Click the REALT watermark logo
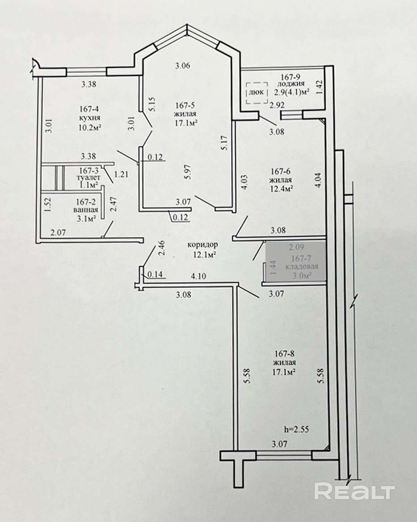pyautogui.click(x=354, y=492)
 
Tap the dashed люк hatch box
pyautogui.click(x=257, y=93)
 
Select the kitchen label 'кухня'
pyautogui.click(x=90, y=118)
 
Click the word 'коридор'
pyautogui.click(x=202, y=245)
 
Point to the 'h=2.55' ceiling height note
pyautogui.click(x=296, y=430)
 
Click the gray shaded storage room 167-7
pyautogui.click(x=296, y=262)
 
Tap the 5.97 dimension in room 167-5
pyautogui.click(x=189, y=173)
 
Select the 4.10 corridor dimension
pyautogui.click(x=198, y=276)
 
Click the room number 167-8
pyautogui.click(x=285, y=354)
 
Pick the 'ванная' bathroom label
pyautogui.click(x=86, y=210)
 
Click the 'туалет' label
pyautogui.click(x=88, y=178)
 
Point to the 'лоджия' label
pyautogui.click(x=291, y=84)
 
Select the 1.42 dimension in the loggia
pyautogui.click(x=319, y=87)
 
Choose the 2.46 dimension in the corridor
pyautogui.click(x=162, y=248)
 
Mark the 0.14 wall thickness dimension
pyautogui.click(x=155, y=274)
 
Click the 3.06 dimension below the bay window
pyautogui.click(x=183, y=66)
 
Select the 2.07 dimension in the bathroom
pyautogui.click(x=58, y=232)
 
